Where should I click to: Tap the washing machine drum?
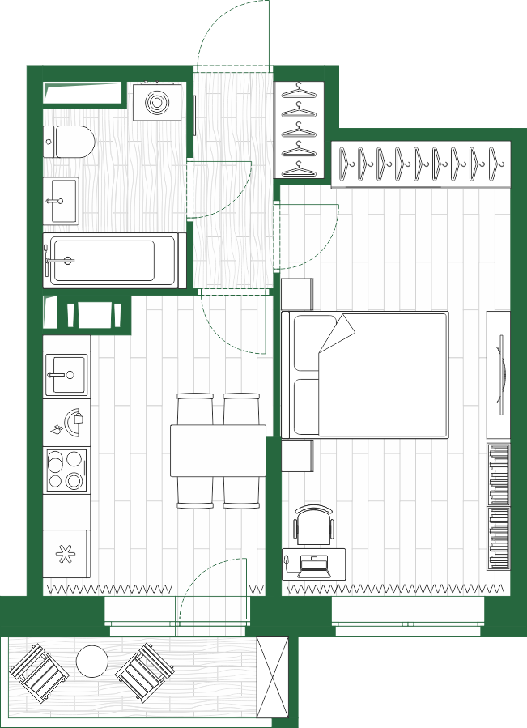[x=155, y=102]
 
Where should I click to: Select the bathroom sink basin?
[x=61, y=199]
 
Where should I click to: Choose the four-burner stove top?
[x=66, y=470]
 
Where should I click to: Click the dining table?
[x=218, y=450]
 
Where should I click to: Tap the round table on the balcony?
[x=92, y=661]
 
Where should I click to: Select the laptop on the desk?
[x=314, y=565]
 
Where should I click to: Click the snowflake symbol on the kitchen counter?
[x=65, y=554]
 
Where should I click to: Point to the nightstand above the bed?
[x=298, y=293]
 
